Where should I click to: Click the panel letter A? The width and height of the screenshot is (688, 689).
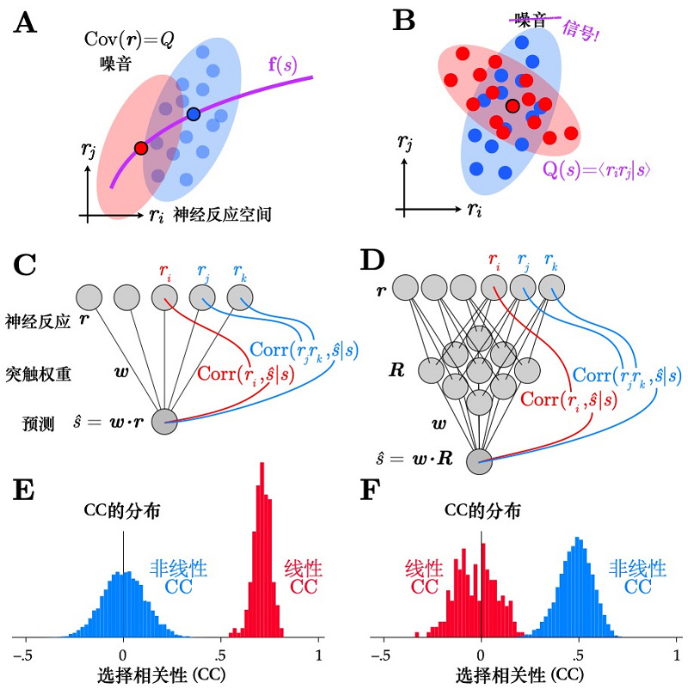tap(26, 22)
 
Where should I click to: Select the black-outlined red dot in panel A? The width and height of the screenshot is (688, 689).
tap(141, 148)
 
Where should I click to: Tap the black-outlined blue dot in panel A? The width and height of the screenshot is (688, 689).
tap(193, 113)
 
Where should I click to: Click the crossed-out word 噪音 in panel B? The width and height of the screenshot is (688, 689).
tap(530, 18)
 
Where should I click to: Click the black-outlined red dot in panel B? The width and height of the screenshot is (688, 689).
tap(513, 107)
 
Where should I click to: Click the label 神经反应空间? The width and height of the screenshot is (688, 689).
tap(222, 215)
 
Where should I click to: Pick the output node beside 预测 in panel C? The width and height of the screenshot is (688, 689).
tap(163, 421)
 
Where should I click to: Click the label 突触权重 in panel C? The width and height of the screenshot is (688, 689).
tap(35, 375)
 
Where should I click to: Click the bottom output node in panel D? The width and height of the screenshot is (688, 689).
tap(480, 461)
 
